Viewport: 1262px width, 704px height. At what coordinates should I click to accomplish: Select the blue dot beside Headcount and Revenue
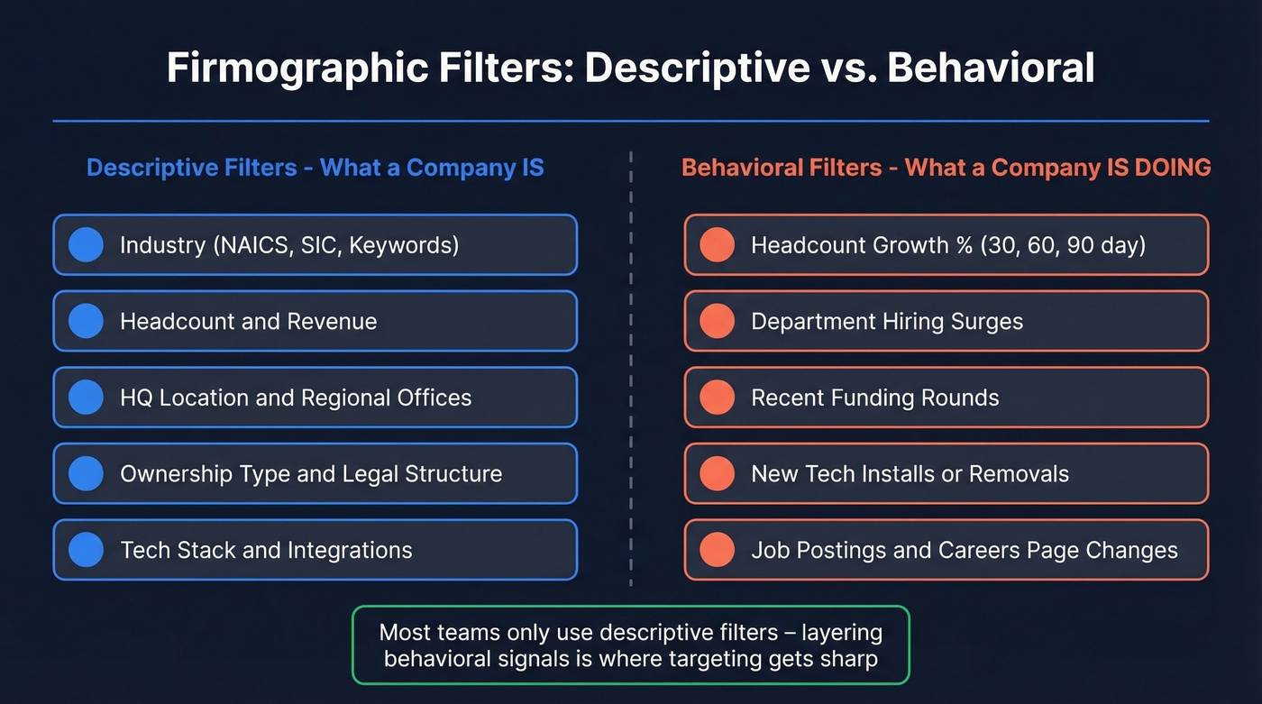[x=87, y=321]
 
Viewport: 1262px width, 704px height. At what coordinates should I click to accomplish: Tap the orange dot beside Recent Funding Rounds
[x=717, y=398]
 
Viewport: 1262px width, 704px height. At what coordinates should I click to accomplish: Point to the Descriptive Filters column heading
[x=315, y=168]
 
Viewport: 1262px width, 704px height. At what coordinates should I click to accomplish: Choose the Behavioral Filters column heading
[x=946, y=168]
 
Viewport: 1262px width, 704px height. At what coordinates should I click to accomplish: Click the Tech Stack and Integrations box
[x=315, y=550]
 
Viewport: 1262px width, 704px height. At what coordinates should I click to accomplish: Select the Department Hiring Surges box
[x=946, y=321]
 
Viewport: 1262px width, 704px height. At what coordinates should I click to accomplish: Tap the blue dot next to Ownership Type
[x=87, y=474]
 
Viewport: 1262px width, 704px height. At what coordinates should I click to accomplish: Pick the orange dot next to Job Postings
[x=717, y=550]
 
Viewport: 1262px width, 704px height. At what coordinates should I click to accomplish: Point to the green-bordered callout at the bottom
[x=630, y=645]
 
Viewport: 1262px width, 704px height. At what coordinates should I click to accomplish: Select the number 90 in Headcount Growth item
[x=1081, y=245]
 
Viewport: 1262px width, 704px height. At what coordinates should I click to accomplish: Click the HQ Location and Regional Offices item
[x=315, y=398]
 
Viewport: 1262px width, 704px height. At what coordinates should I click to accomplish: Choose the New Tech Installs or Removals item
[x=946, y=474]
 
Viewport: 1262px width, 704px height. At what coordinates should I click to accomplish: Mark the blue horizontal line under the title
[x=630, y=121]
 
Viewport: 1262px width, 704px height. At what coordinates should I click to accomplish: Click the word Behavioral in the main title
[x=991, y=69]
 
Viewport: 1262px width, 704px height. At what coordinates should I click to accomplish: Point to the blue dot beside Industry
[x=87, y=245]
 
